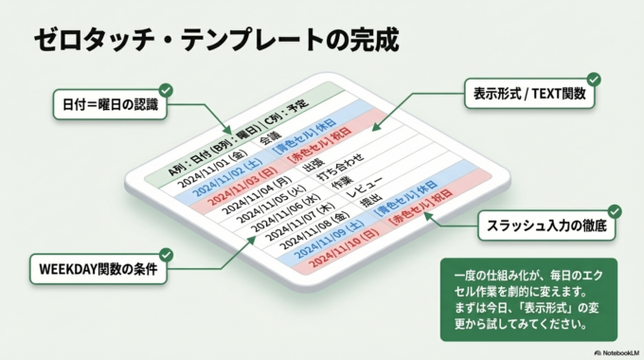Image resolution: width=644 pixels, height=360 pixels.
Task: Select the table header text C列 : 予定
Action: point(283,117)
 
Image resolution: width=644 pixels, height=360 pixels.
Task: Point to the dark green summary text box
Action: point(528,299)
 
